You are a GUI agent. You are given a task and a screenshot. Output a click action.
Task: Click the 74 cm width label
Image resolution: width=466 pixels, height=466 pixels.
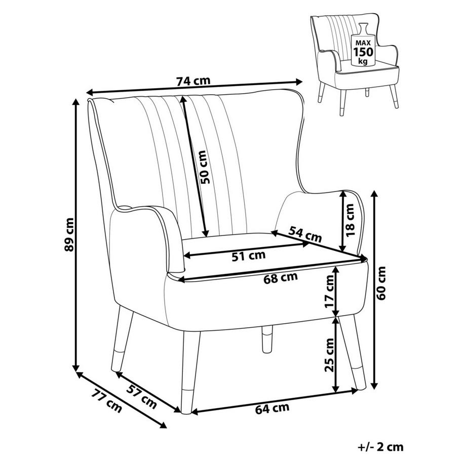[x=193, y=81]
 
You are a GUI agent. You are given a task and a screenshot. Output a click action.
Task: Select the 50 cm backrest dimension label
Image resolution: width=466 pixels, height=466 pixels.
[x=204, y=167]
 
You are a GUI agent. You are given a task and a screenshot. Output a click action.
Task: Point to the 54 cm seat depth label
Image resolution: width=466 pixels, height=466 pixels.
[x=305, y=234]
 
